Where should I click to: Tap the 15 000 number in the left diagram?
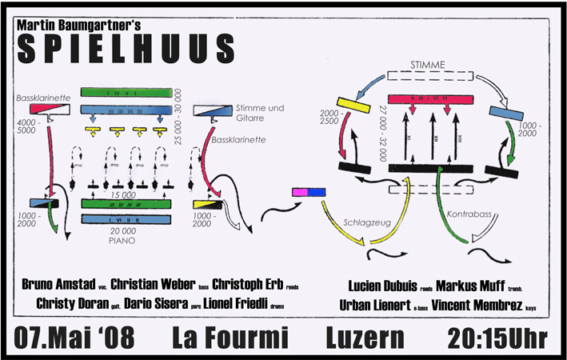click(x=122, y=194)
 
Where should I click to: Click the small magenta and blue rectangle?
click(x=309, y=193)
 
